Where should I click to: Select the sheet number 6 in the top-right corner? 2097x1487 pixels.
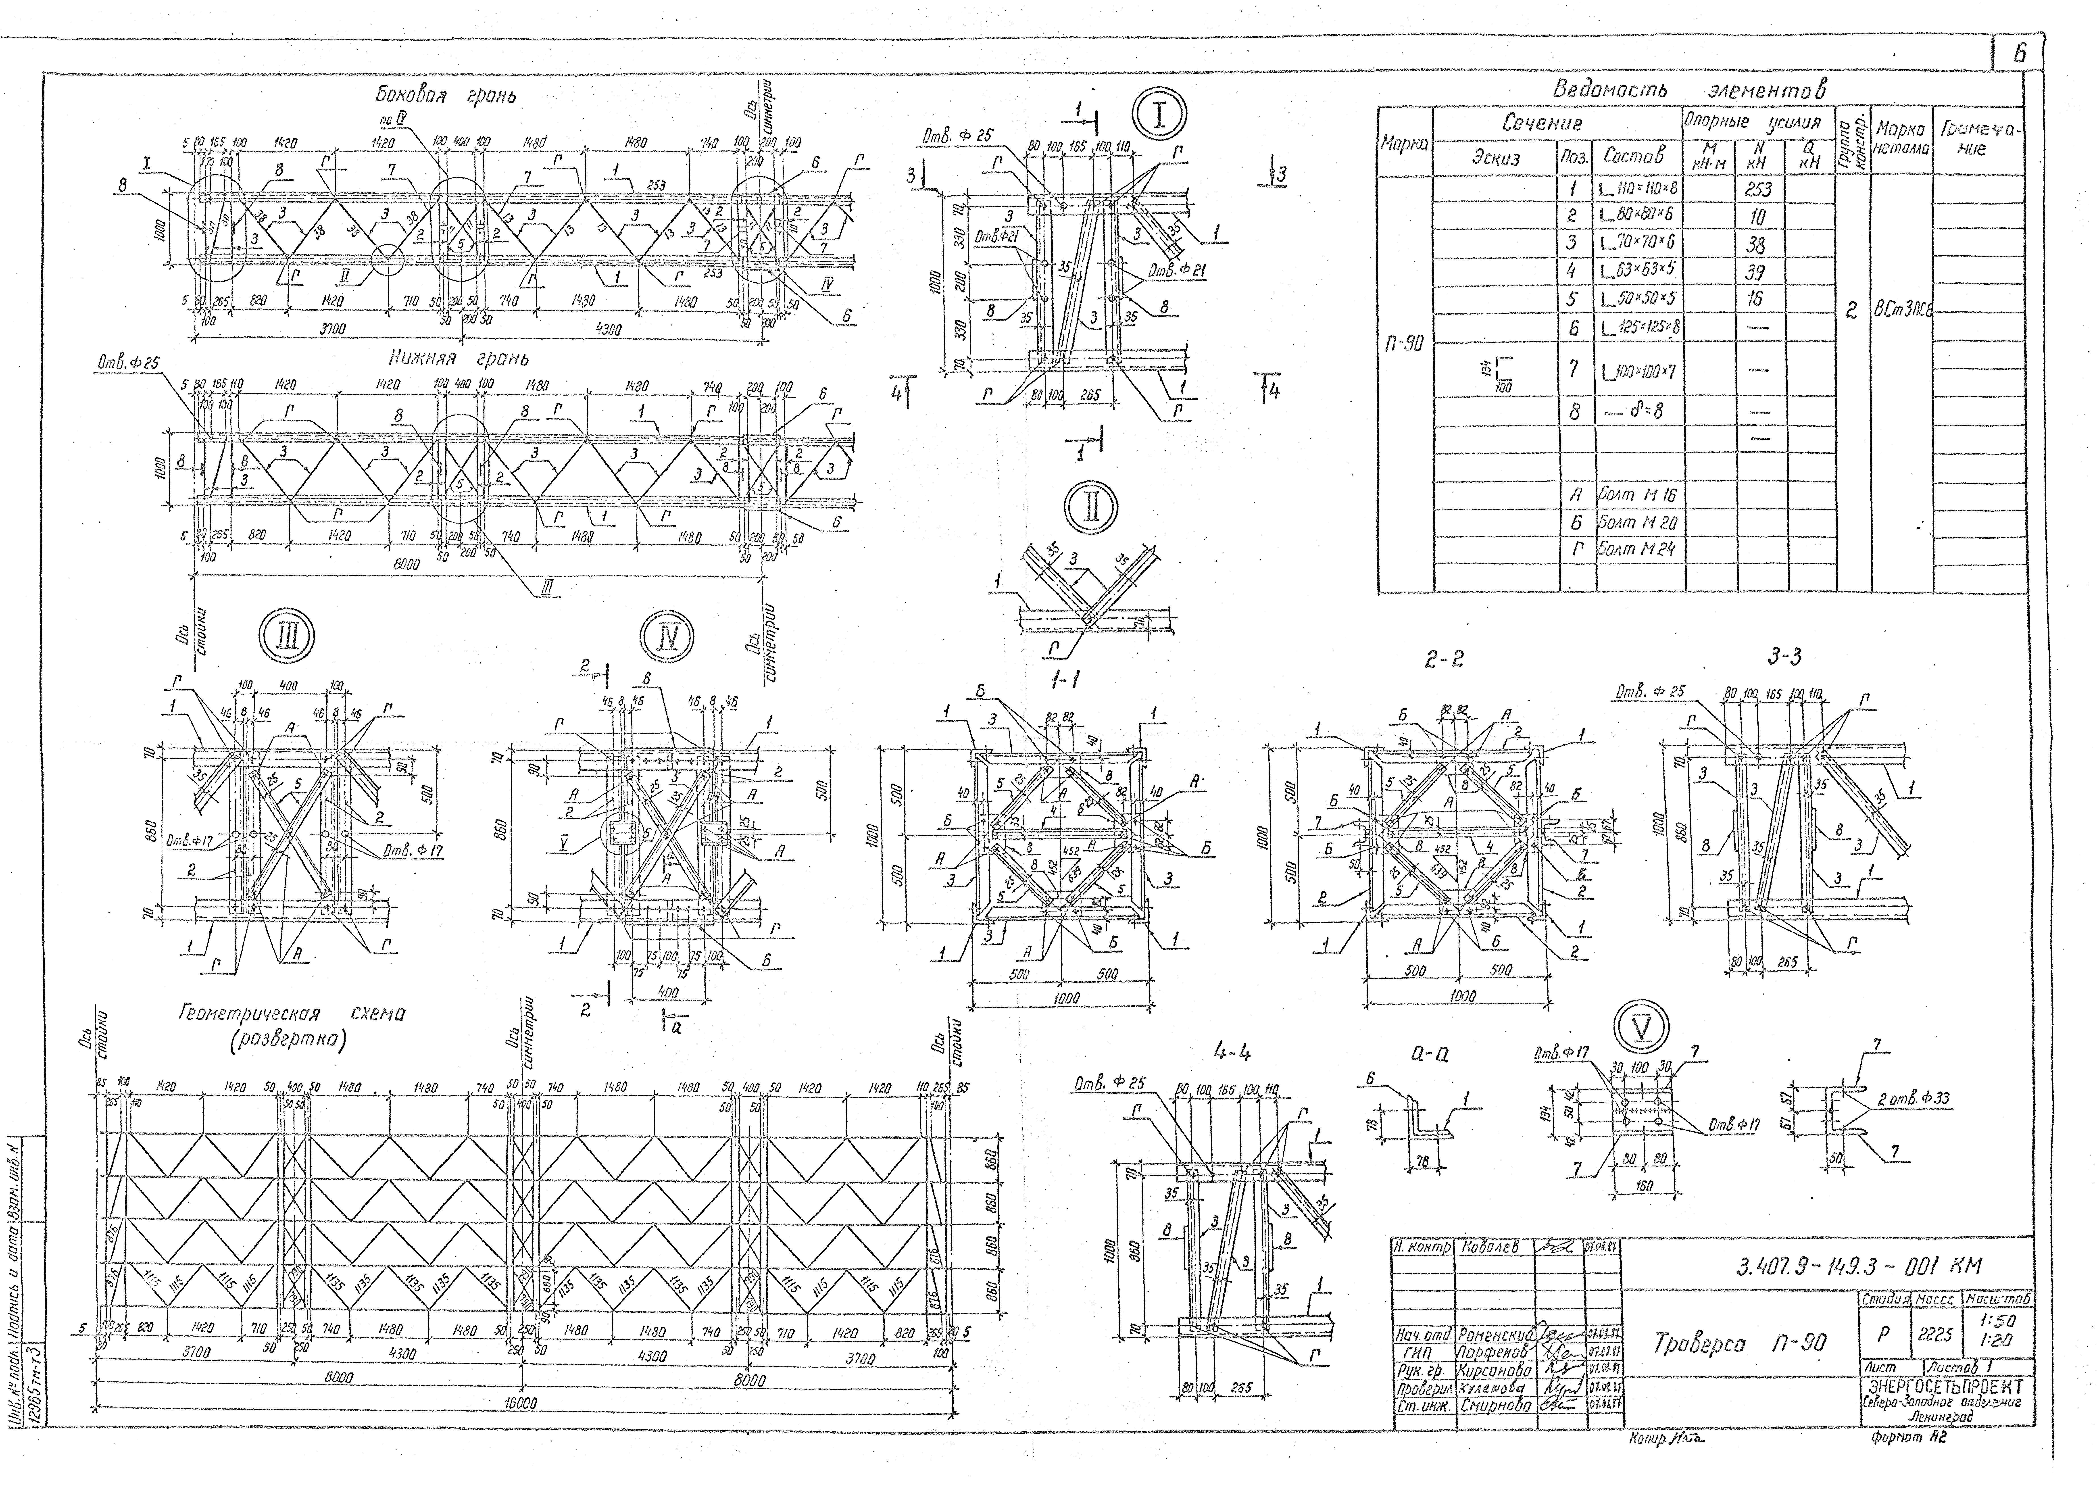tap(2018, 54)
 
